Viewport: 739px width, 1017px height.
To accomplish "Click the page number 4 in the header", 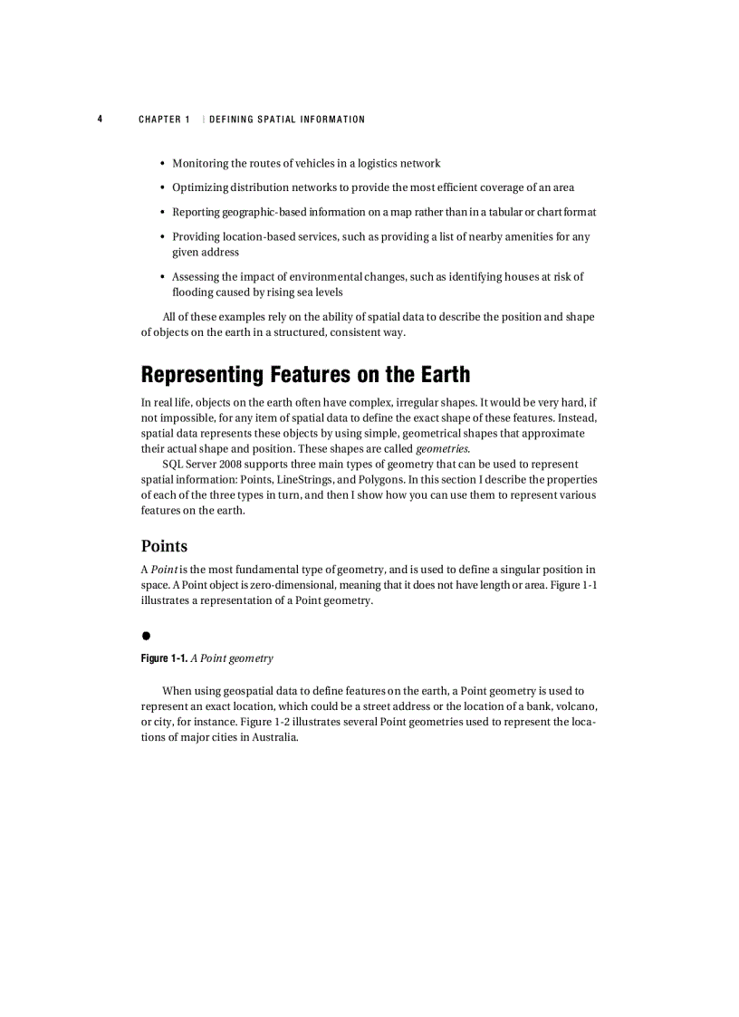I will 101,120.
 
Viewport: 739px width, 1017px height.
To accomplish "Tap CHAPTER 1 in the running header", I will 164,120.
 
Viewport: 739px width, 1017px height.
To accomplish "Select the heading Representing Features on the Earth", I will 305,374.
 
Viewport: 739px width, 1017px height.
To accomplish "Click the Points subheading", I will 164,546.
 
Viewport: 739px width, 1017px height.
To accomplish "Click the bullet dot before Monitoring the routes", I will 162,164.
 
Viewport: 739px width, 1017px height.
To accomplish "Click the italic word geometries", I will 442,449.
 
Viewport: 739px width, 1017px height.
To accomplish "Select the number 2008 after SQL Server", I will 244,465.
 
